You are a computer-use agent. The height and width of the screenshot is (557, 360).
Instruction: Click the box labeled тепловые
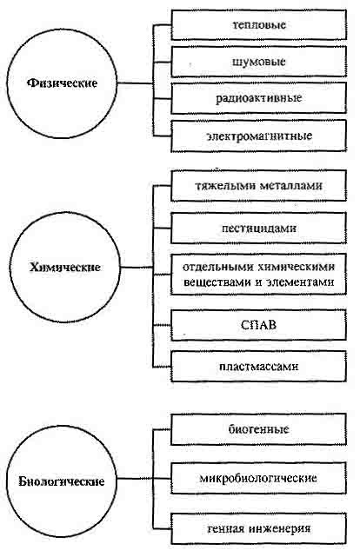pos(259,25)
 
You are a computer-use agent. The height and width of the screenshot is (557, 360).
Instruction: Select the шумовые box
pos(259,62)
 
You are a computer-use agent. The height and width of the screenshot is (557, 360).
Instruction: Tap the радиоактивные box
pos(259,98)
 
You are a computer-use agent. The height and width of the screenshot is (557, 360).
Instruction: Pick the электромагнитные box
pos(259,136)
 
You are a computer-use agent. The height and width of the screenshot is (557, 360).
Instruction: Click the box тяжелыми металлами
pos(259,186)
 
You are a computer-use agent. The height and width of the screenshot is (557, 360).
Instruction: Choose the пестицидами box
pos(259,228)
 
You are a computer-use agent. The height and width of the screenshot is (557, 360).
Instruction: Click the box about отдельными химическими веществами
pos(259,275)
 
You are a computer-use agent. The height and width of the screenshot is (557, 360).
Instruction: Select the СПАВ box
pos(259,325)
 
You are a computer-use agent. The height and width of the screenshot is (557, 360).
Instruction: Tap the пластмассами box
pos(259,366)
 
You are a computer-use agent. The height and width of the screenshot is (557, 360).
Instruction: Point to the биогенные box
pos(259,429)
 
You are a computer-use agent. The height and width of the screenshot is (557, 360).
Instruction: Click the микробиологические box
pos(259,478)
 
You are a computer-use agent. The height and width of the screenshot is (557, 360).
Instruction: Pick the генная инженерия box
pos(259,528)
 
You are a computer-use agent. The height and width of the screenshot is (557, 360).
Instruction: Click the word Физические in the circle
pos(63,83)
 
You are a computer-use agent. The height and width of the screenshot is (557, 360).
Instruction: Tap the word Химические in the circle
pos(64,267)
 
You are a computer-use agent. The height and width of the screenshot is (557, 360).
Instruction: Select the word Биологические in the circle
pos(62,481)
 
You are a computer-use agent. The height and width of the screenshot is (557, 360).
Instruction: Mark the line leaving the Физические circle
pos(135,83)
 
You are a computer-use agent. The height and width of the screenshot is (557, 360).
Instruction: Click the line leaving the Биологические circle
pos(135,478)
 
